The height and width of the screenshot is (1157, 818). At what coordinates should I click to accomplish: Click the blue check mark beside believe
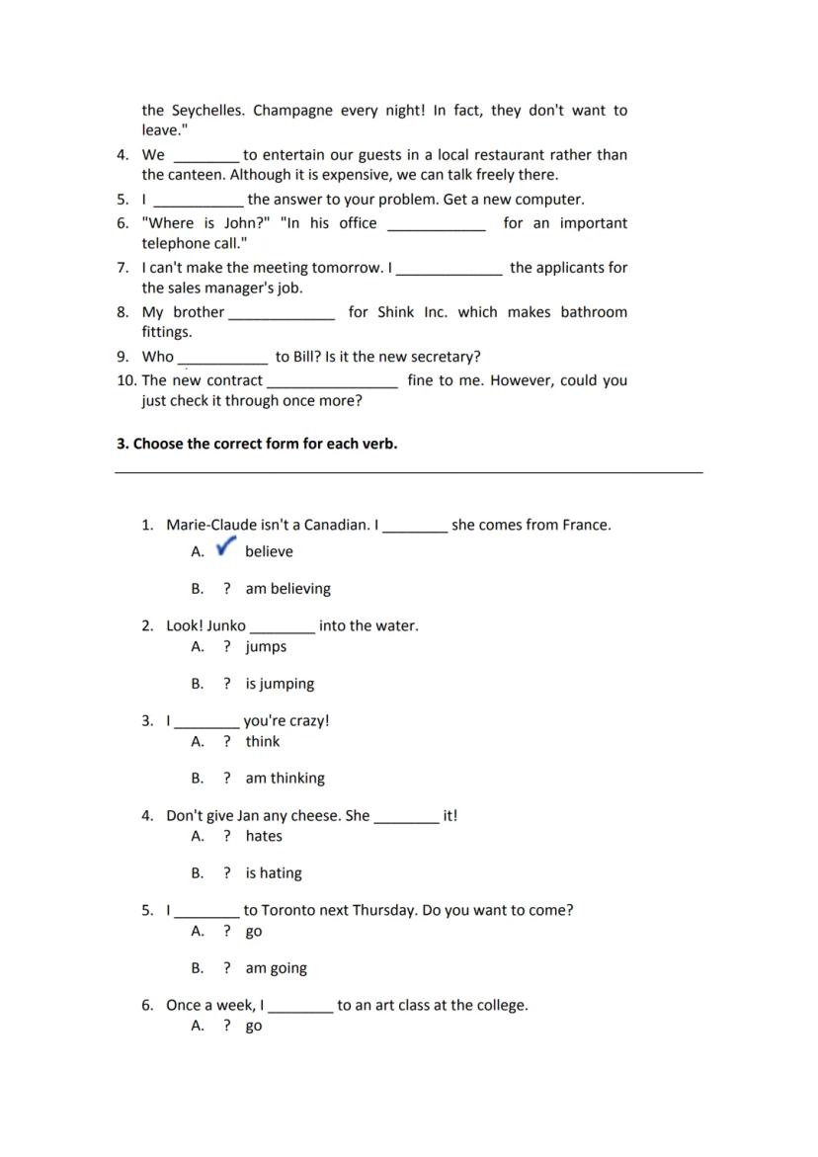(226, 545)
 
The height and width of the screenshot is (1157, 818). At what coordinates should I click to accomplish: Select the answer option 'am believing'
(287, 589)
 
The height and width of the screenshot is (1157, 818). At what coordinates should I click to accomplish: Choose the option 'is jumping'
(280, 684)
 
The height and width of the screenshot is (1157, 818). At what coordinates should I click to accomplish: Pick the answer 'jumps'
(266, 647)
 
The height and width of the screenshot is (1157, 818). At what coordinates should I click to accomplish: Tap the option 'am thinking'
(285, 779)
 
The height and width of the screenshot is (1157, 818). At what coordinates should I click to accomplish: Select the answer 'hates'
(264, 837)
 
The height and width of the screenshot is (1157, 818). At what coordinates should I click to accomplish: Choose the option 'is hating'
(274, 873)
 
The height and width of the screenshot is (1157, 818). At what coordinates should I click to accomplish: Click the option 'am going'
(276, 968)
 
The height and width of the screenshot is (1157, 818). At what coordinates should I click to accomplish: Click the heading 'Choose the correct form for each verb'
(257, 444)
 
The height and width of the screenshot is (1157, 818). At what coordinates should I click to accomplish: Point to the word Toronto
(292, 910)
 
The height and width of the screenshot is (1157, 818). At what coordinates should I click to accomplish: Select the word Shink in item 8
(396, 312)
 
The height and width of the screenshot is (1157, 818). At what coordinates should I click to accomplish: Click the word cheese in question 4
(316, 816)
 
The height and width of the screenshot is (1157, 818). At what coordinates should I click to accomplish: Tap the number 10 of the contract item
(126, 380)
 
